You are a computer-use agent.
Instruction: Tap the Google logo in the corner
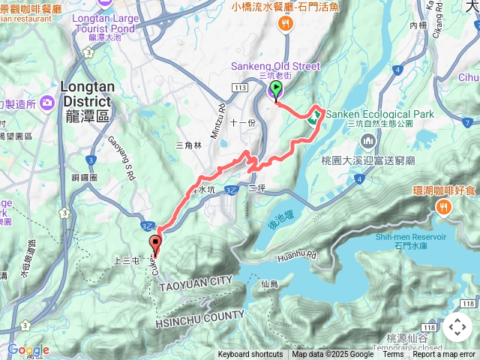pos(27,349)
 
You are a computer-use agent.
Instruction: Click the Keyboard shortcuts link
pos(250,354)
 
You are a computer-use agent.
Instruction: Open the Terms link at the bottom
pos(393,354)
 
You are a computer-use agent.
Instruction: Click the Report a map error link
pos(444,354)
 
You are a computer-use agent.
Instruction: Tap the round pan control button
pos(457,327)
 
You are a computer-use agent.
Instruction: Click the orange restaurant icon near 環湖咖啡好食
pos(445,208)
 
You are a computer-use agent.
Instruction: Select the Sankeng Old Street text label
pos(276,66)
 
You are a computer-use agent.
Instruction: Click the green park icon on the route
pos(316,115)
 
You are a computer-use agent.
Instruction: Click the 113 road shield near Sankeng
pos(240,87)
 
